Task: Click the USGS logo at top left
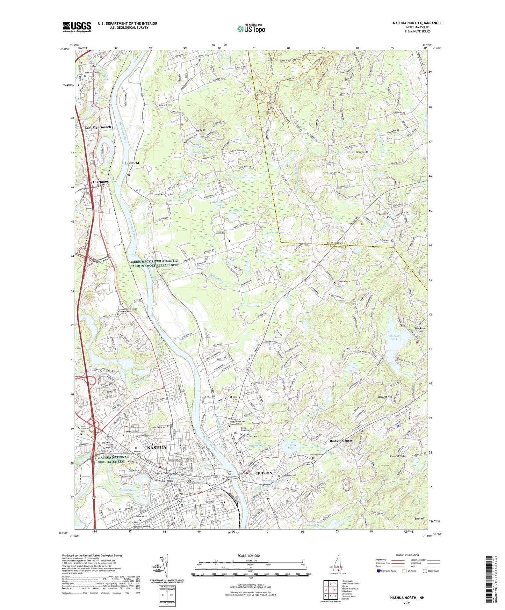coord(77,27)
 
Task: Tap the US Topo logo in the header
coord(251,29)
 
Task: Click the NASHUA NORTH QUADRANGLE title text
coord(417,23)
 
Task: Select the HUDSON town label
coord(264,473)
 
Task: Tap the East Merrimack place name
coord(98,128)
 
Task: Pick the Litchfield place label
coord(132,163)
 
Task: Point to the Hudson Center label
coord(341,441)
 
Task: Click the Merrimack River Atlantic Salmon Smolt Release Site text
coord(154,263)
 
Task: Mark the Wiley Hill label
coord(362,152)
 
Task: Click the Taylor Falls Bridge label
coord(229,474)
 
